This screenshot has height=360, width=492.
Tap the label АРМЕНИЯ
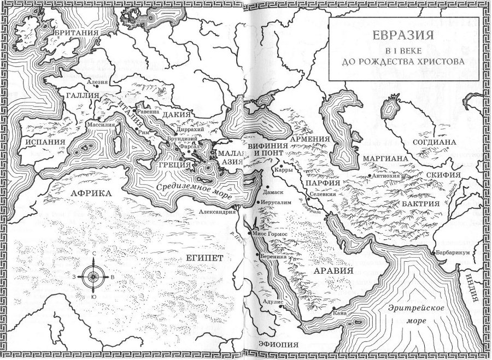(310, 139)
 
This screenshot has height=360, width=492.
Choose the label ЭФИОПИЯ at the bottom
(279, 344)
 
